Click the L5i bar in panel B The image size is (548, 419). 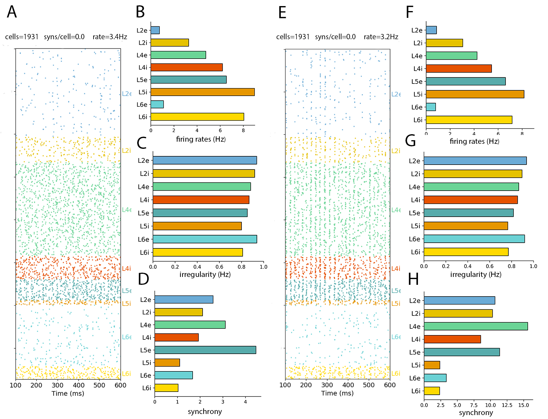202,92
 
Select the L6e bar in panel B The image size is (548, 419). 157,104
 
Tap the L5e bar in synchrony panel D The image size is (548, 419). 205,350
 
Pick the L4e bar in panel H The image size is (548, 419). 475,326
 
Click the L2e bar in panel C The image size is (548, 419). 205,161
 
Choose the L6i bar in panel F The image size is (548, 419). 469,120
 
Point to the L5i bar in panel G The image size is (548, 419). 465,226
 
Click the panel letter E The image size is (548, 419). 282,12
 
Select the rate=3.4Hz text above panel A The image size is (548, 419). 110,37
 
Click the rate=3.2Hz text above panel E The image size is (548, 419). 381,37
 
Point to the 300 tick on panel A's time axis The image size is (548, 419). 58,385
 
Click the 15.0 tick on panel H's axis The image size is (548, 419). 523,405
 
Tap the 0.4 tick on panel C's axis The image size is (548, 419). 197,267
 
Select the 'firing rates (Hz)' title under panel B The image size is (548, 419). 201,139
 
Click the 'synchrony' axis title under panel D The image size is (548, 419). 205,412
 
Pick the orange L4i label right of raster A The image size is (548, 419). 126,268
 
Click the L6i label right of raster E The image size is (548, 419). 396,373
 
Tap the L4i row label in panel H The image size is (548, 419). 416,339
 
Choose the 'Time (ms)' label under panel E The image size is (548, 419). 337,393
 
